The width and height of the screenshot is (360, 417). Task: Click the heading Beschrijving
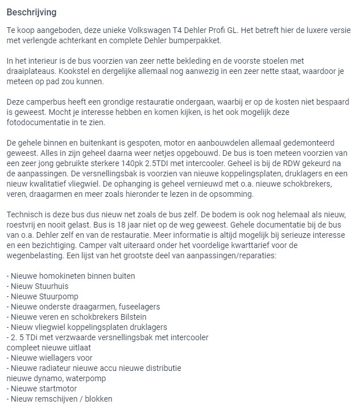[x=31, y=11]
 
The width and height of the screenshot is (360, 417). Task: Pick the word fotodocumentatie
[x=41, y=122]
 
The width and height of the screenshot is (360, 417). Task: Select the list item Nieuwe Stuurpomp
[x=42, y=296]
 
